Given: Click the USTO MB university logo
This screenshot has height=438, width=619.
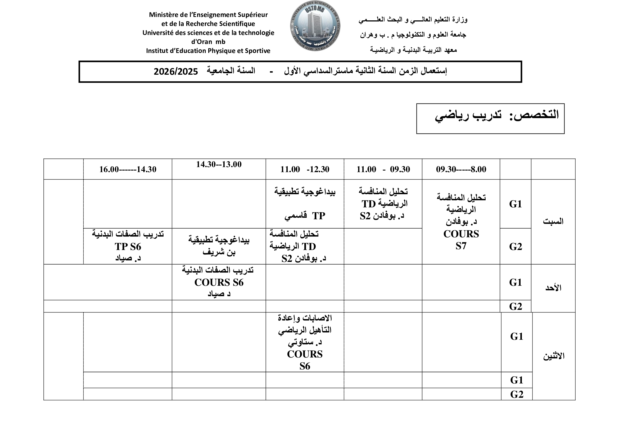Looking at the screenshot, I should [315, 26].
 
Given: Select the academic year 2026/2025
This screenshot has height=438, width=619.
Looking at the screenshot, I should [176, 71].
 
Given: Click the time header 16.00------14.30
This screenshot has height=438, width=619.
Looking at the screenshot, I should [128, 169].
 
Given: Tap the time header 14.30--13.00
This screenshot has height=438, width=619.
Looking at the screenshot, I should [219, 164].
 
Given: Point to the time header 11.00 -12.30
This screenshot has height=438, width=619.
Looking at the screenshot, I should [305, 169].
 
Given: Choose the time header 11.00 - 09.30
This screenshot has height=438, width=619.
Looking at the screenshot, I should [383, 169].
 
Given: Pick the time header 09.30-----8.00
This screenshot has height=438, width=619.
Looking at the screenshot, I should [461, 169].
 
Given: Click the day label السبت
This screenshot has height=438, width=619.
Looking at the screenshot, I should [553, 221].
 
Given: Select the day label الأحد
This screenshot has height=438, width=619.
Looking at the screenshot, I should [553, 288].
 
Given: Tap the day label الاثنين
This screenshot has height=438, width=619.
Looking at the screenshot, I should [554, 356].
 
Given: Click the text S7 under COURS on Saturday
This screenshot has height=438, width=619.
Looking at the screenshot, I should [461, 246].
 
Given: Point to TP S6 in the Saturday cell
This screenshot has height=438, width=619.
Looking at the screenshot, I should [128, 247].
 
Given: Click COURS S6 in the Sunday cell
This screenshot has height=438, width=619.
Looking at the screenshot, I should [219, 282].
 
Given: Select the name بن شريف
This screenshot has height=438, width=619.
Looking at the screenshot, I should [219, 252].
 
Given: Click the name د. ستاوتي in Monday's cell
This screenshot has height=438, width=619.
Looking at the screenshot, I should [305, 342].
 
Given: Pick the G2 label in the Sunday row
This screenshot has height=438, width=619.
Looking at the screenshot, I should [516, 306].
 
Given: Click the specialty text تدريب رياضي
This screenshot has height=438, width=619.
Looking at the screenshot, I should [468, 115].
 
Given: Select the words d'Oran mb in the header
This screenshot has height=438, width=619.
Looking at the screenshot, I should [208, 42].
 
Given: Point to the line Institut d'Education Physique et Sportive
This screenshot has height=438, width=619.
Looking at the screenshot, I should [208, 51].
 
